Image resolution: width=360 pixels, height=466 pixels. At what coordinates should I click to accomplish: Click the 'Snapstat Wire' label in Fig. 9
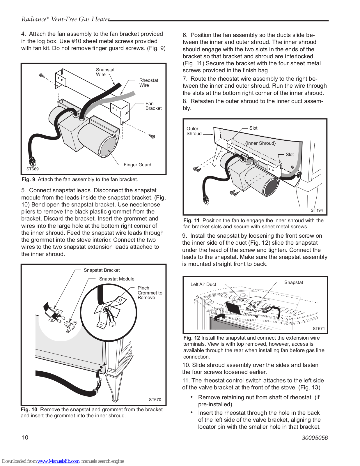tap(105, 72)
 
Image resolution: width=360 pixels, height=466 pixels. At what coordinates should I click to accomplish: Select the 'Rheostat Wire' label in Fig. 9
tap(148, 83)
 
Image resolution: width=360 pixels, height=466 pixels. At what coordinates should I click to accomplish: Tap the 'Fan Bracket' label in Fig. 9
tap(153, 106)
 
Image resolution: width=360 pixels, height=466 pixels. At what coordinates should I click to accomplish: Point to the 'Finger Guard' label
tap(137, 165)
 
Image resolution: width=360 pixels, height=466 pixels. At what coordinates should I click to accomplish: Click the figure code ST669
tap(32, 169)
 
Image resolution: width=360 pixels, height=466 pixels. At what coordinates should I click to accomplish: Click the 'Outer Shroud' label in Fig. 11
tap(194, 131)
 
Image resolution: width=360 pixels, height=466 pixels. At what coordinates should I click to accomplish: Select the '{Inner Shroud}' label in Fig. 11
tap(260, 143)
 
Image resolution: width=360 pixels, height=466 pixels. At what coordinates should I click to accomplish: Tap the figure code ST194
tap(317, 210)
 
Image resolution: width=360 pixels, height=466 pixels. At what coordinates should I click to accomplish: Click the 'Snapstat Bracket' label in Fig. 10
tap(102, 270)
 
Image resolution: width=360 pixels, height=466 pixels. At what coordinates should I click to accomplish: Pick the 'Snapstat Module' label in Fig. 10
tap(117, 279)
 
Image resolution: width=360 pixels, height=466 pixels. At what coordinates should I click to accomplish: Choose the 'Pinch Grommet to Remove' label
tap(150, 293)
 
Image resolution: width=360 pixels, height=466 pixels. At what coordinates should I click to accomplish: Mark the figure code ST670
tap(155, 400)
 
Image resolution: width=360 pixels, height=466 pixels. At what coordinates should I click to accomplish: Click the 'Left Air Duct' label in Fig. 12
tap(203, 285)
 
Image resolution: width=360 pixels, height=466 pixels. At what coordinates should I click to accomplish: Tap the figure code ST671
tap(319, 329)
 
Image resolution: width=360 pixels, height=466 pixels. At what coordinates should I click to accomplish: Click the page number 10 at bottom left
tap(25, 437)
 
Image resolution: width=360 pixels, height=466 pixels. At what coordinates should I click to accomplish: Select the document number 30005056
tap(315, 438)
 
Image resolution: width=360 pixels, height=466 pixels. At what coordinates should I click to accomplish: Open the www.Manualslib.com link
tap(58, 461)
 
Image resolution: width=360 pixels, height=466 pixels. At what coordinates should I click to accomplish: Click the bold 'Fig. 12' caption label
tap(191, 338)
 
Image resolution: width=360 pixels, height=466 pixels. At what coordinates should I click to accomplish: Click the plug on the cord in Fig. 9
tap(32, 161)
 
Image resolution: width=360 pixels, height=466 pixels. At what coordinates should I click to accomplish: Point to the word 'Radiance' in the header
tap(34, 19)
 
